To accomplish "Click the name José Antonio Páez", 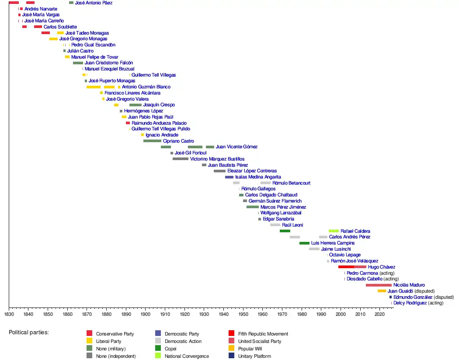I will (x=94, y=3).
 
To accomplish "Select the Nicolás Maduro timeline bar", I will (x=379, y=285).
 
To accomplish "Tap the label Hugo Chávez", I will (x=382, y=267).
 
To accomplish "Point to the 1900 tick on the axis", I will (x=146, y=308).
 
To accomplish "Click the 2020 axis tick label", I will (x=380, y=314).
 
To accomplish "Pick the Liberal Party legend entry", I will (x=108, y=341).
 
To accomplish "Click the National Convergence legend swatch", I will (x=158, y=356).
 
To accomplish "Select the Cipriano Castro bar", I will (x=152, y=141).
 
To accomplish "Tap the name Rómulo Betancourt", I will (x=291, y=183).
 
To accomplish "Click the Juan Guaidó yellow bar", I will (x=382, y=291).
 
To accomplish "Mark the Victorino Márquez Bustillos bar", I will (x=181, y=159).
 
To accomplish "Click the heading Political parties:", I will (x=29, y=332).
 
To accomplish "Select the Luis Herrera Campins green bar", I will (x=304, y=243).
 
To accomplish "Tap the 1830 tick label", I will (x=9, y=314).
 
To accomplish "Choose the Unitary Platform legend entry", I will (x=254, y=356).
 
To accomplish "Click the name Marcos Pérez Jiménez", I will (x=283, y=207).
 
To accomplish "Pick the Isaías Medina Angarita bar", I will (x=229, y=177).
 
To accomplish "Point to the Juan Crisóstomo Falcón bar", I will (x=78, y=63).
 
